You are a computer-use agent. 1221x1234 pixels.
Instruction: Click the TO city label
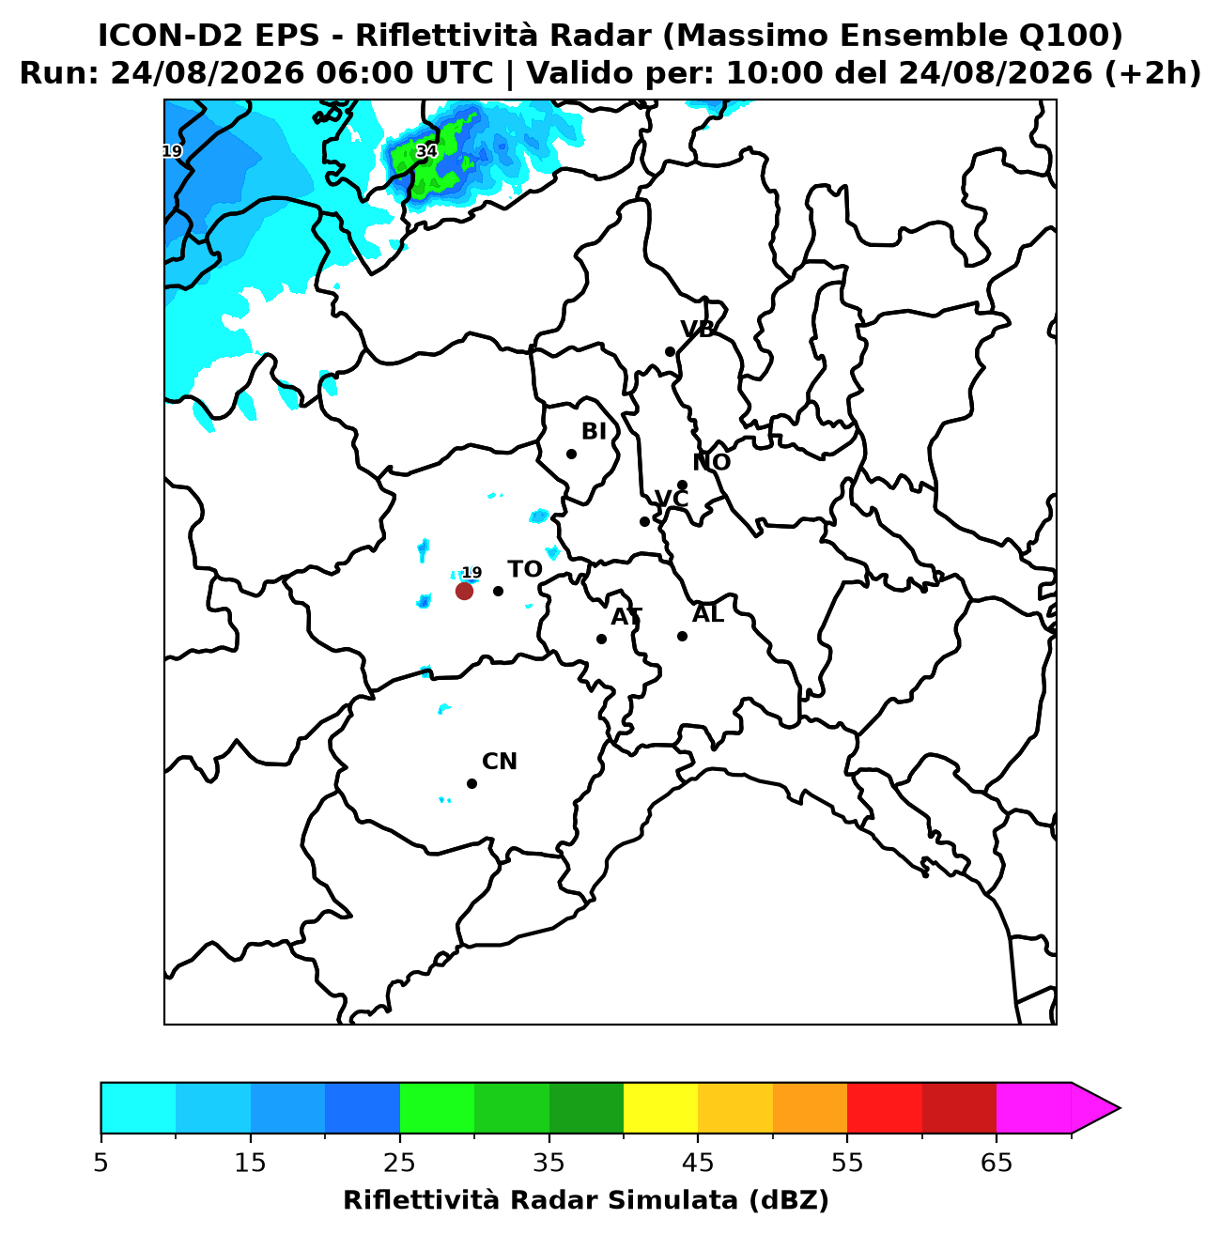[525, 569]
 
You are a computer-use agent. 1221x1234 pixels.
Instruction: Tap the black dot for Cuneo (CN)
[471, 783]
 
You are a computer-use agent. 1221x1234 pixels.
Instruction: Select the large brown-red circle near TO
[464, 591]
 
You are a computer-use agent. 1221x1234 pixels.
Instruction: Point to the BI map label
[594, 431]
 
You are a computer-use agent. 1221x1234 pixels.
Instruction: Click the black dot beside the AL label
[682, 636]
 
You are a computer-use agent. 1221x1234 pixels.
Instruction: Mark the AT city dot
[601, 639]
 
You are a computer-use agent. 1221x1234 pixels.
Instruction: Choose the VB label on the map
[697, 329]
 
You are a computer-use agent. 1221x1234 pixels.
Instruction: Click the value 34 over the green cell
[426, 151]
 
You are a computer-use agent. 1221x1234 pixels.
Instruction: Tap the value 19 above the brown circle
[472, 573]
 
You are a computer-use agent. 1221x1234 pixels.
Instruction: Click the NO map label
[711, 462]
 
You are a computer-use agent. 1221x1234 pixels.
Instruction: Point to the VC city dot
[645, 521]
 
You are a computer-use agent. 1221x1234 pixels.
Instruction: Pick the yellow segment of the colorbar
[660, 1108]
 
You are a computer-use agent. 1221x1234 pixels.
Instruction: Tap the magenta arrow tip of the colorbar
[1120, 1108]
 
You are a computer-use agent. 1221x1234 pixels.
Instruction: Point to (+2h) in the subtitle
[1151, 73]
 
